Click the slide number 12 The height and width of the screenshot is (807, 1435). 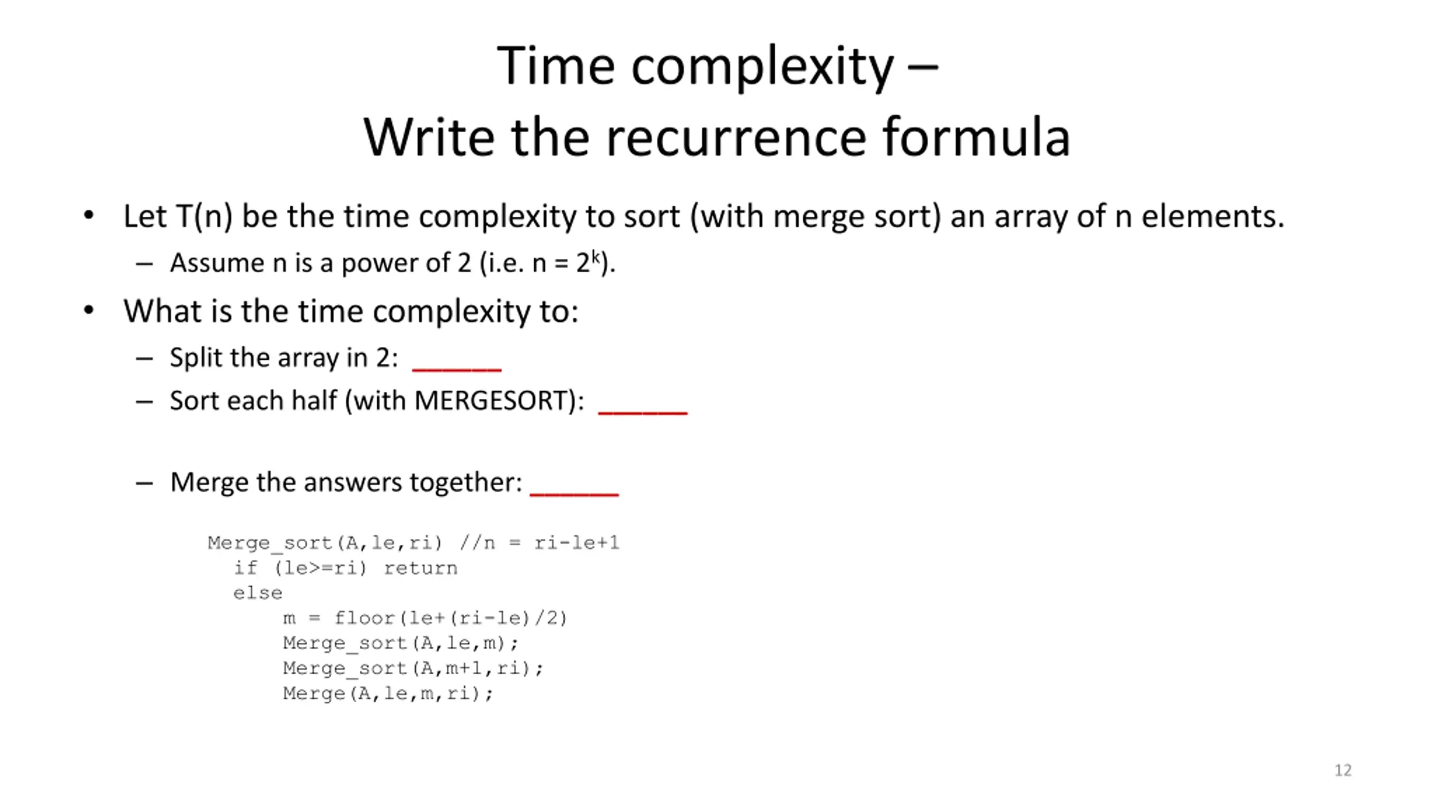(x=1343, y=771)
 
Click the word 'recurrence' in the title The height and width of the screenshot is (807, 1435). (x=736, y=137)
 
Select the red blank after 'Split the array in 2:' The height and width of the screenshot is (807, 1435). (x=457, y=369)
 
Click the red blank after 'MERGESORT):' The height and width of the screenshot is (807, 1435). (x=643, y=412)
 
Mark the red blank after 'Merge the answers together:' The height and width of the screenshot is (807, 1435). (x=574, y=494)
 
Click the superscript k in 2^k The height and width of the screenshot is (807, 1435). (x=595, y=257)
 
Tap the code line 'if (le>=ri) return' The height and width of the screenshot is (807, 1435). (x=345, y=568)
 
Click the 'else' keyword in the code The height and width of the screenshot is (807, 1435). (x=258, y=593)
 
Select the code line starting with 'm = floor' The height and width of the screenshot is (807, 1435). (x=425, y=618)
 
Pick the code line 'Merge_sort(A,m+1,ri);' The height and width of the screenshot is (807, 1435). (x=413, y=668)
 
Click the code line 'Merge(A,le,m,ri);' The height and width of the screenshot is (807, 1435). (x=388, y=693)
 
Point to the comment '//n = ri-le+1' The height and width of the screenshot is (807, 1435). (x=539, y=542)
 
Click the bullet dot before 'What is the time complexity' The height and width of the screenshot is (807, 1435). (x=89, y=310)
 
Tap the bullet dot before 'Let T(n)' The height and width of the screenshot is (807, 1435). (x=89, y=216)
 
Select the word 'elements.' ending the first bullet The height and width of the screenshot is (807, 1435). (x=1213, y=216)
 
